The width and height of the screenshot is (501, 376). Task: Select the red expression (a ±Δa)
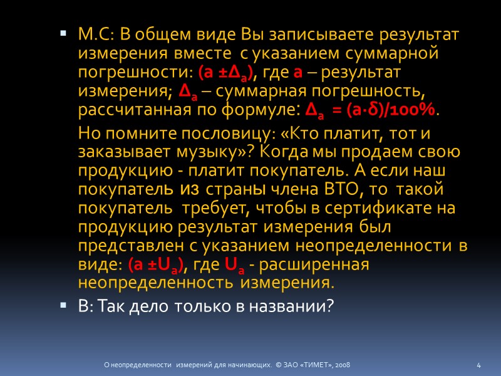[x=224, y=73]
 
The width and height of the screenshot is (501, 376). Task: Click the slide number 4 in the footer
[x=478, y=365]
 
